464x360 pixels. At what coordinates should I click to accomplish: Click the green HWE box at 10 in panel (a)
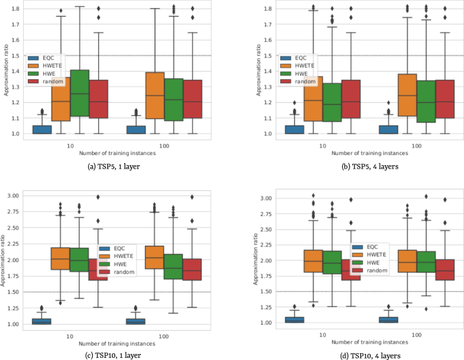80,93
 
